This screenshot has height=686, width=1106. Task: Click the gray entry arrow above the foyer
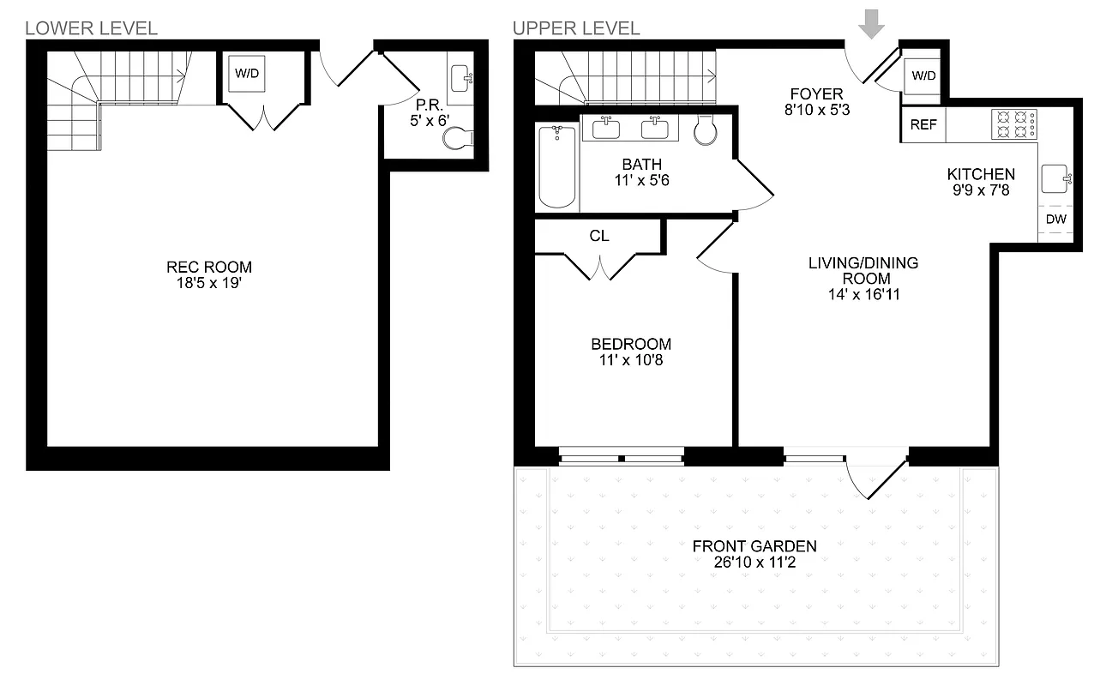pyautogui.click(x=872, y=24)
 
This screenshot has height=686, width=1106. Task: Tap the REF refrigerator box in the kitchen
pyautogui.click(x=923, y=125)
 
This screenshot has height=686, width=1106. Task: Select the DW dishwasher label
pyautogui.click(x=1056, y=220)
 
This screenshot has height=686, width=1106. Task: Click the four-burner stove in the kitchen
pyautogui.click(x=1015, y=124)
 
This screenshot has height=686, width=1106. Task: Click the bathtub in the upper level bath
pyautogui.click(x=556, y=166)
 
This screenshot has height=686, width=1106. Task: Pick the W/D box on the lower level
pyautogui.click(x=247, y=74)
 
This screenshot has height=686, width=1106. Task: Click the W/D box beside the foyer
pyautogui.click(x=923, y=76)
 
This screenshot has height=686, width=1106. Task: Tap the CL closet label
pyautogui.click(x=598, y=236)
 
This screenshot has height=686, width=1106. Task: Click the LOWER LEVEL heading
pyautogui.click(x=92, y=28)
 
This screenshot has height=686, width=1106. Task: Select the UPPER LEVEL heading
pyautogui.click(x=576, y=28)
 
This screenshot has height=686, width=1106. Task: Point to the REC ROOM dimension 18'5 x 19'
pyautogui.click(x=209, y=281)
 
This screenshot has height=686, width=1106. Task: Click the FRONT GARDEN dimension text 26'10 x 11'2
pyautogui.click(x=754, y=561)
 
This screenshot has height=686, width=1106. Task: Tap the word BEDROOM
pyautogui.click(x=631, y=345)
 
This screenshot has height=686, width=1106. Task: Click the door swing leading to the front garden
pyautogui.click(x=875, y=480)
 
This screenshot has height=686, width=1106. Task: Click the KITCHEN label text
pyautogui.click(x=980, y=174)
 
